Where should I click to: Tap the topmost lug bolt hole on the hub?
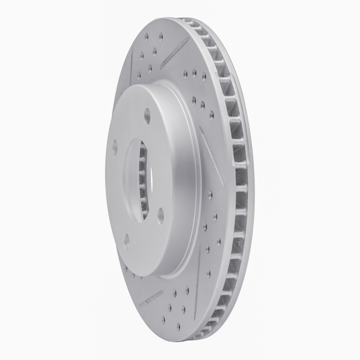tap(147, 114)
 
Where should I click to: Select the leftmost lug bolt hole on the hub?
tap(114, 146)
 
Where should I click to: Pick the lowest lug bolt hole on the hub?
tap(127, 241)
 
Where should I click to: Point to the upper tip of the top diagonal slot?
tap(187, 39)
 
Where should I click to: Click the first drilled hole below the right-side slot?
tap(210, 194)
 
